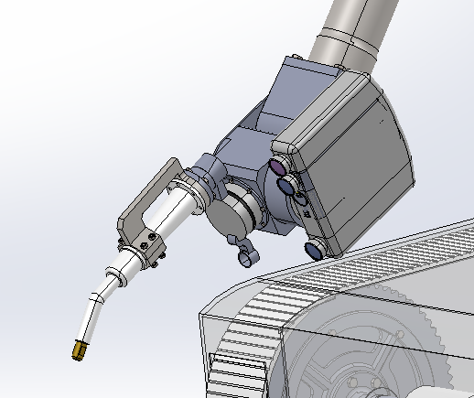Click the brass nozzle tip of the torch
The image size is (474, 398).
[80, 348]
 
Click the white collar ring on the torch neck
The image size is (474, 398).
[116, 273]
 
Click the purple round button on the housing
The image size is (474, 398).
[276, 167]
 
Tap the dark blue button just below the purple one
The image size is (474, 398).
[286, 188]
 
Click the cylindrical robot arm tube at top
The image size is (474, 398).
[352, 32]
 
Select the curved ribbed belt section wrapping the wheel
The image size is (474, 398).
[252, 320]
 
